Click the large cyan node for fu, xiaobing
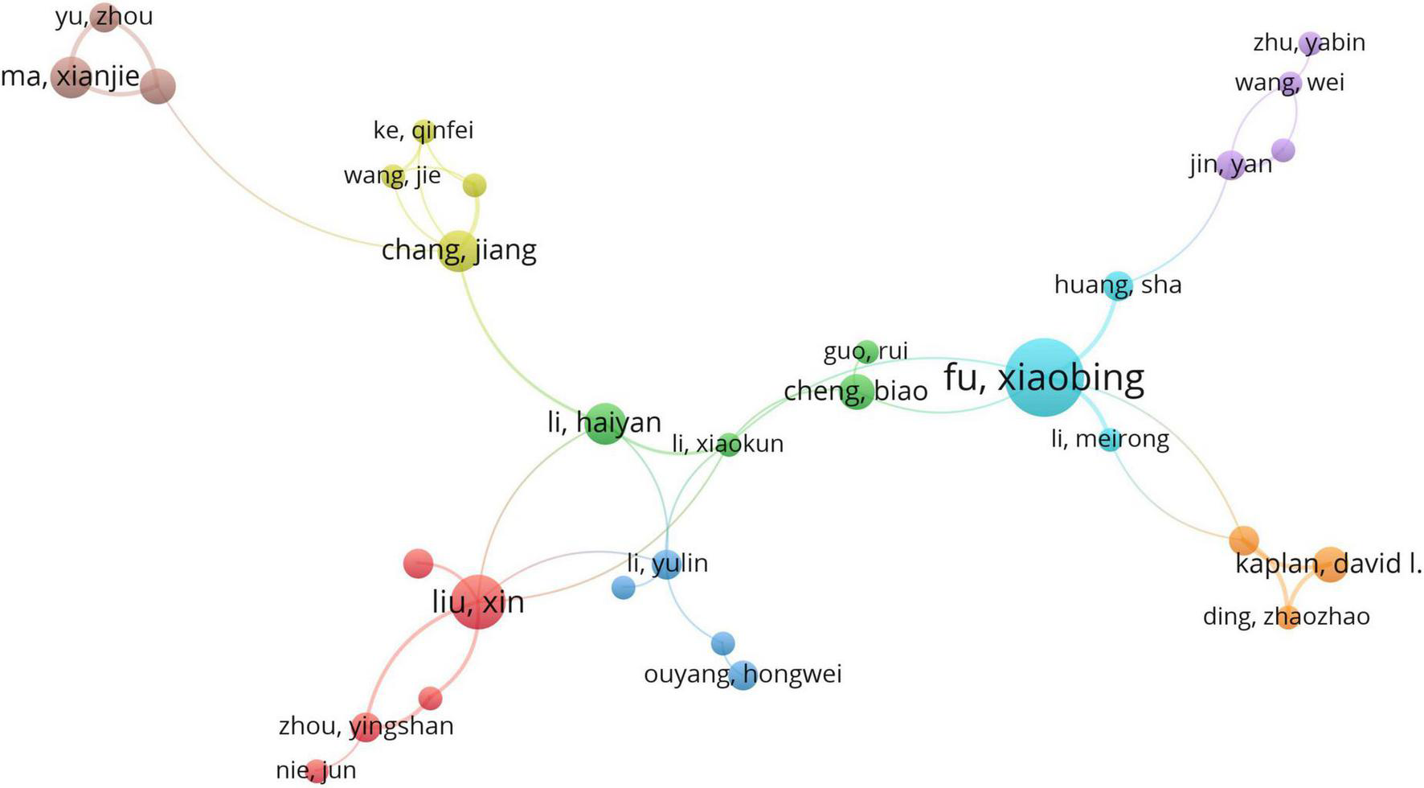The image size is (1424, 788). click(x=1045, y=377)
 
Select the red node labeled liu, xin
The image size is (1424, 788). click(x=479, y=601)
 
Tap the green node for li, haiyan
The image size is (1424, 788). click(x=604, y=423)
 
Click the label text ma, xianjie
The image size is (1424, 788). click(x=70, y=77)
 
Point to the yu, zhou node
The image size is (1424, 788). click(x=104, y=17)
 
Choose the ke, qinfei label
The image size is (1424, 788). click(x=424, y=130)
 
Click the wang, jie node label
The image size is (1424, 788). click(x=392, y=175)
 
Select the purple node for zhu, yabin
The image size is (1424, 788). click(x=1311, y=43)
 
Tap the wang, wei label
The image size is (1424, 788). click(x=1289, y=83)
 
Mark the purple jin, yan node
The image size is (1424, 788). click(x=1231, y=165)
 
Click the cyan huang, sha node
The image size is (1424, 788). click(x=1117, y=285)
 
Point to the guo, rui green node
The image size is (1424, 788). click(x=866, y=351)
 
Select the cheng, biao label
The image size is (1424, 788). click(x=855, y=392)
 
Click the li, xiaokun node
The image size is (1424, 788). click(x=728, y=444)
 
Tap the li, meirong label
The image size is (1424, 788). click(x=1110, y=439)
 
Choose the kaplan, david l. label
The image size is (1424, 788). click(x=1328, y=564)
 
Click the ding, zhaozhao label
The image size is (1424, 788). click(x=1286, y=617)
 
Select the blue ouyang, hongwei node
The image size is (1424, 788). click(x=743, y=675)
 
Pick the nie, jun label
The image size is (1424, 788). click(x=316, y=770)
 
